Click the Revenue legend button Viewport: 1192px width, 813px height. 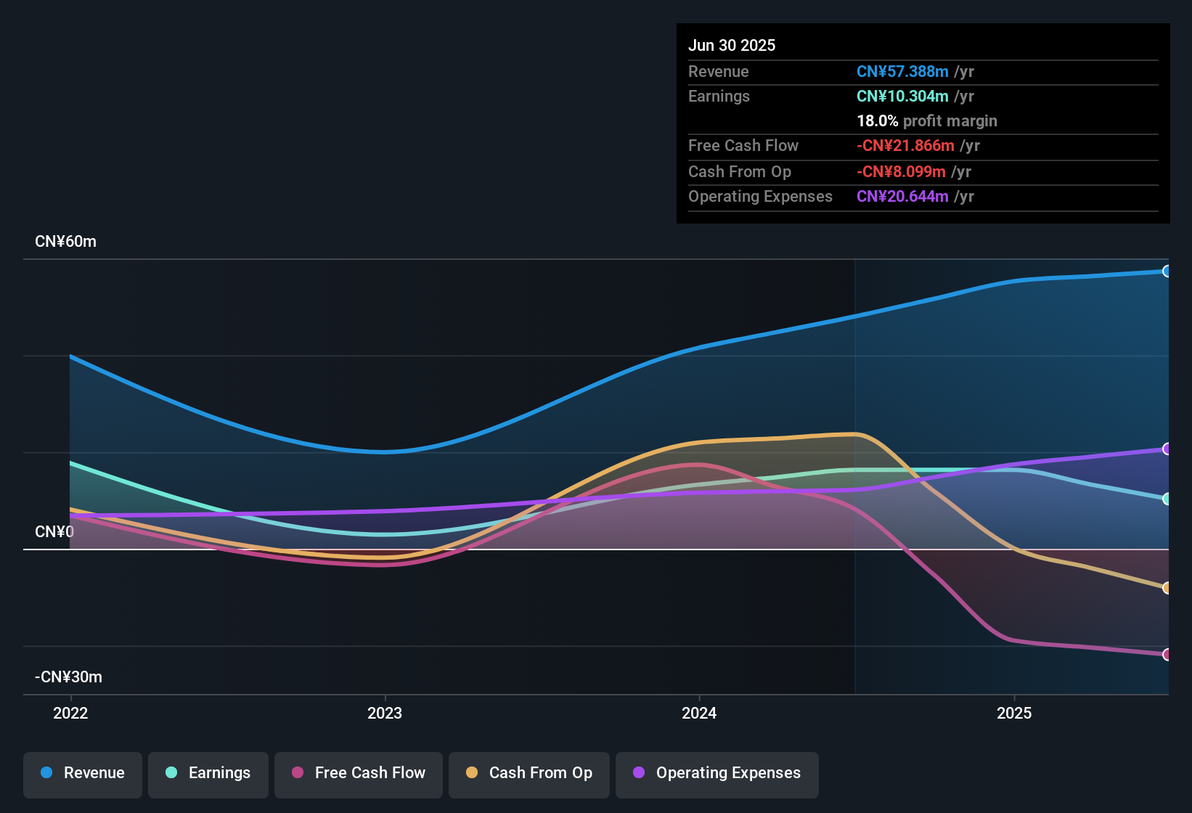tap(83, 773)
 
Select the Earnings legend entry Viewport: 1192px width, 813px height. tap(208, 773)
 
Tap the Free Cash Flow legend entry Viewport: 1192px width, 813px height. tap(359, 773)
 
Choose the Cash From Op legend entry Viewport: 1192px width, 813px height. tap(529, 773)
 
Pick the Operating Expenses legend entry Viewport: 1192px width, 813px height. tap(717, 773)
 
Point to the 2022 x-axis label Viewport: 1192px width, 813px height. tap(70, 713)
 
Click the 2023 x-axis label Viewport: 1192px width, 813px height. tap(385, 713)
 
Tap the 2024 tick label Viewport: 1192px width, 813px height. tap(699, 713)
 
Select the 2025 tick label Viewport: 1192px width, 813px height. tap(1014, 713)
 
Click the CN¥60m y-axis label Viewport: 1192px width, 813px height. tap(65, 242)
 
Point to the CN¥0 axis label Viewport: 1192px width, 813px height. tap(54, 532)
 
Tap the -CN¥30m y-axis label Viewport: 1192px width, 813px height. tap(68, 677)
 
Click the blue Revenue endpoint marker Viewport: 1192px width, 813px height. tap(1167, 271)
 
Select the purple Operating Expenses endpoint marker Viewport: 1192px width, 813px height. tap(1167, 449)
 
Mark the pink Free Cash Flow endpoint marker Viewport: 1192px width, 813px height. tap(1167, 655)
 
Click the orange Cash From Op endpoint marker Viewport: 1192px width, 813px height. tap(1167, 588)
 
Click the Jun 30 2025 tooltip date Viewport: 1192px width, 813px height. tap(732, 46)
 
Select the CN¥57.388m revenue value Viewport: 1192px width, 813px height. tap(902, 72)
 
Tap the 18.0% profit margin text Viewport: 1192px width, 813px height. tap(927, 121)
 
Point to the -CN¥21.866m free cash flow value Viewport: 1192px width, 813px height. tap(905, 146)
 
